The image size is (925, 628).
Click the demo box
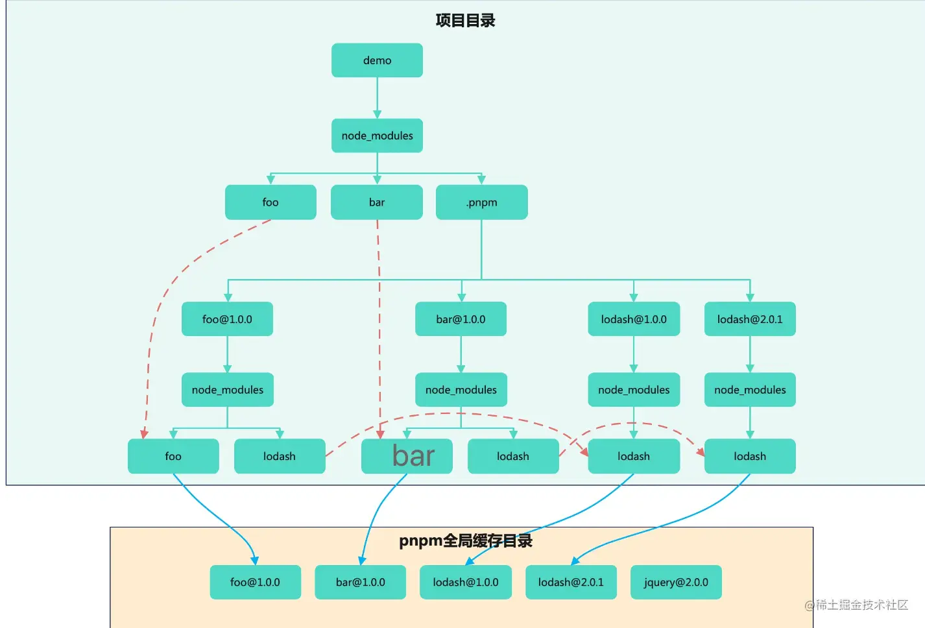pyautogui.click(x=377, y=60)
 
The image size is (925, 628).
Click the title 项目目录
pyautogui.click(x=465, y=20)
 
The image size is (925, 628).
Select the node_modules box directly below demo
pyautogui.click(x=377, y=136)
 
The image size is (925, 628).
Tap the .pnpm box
pyautogui.click(x=481, y=202)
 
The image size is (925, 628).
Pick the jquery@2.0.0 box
pyautogui.click(x=676, y=582)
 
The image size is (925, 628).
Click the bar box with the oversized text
pyautogui.click(x=407, y=456)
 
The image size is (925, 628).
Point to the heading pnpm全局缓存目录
pyautogui.click(x=465, y=540)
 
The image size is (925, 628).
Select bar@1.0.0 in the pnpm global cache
pyautogui.click(x=360, y=582)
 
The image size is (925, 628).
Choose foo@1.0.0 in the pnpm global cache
pyautogui.click(x=255, y=582)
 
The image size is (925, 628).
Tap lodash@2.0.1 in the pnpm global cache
pyautogui.click(x=571, y=582)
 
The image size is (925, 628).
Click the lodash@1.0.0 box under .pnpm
pyautogui.click(x=634, y=319)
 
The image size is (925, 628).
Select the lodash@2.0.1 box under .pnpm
pyautogui.click(x=750, y=319)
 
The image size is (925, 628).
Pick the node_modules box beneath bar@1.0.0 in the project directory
pyautogui.click(x=461, y=390)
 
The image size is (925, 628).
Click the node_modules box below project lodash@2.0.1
pyautogui.click(x=750, y=390)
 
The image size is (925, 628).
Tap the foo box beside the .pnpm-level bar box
pyautogui.click(x=270, y=202)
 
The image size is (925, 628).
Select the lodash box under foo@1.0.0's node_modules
pyautogui.click(x=280, y=456)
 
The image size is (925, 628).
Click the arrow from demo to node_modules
pyautogui.click(x=377, y=97)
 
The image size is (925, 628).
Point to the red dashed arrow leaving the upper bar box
pyautogui.click(x=379, y=324)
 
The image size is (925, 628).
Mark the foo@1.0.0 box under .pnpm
pyautogui.click(x=227, y=319)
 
